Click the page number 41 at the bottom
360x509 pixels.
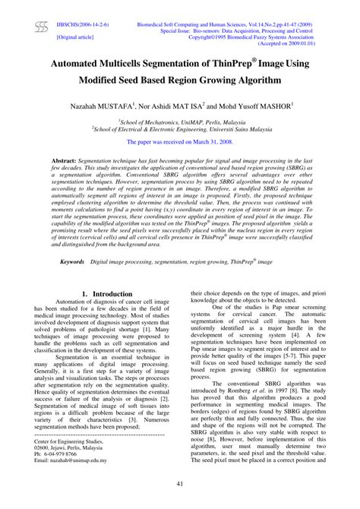point(179,485)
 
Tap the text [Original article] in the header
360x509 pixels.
point(76,36)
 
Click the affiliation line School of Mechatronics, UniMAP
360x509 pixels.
point(179,122)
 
